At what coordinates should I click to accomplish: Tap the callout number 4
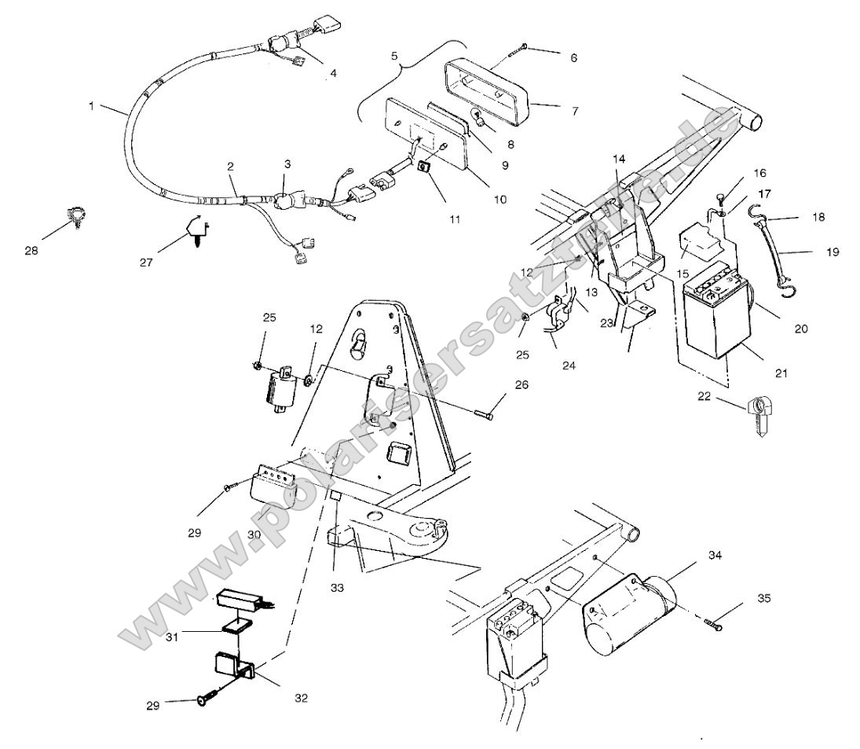pyautogui.click(x=333, y=73)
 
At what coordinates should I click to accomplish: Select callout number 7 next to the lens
pyautogui.click(x=574, y=111)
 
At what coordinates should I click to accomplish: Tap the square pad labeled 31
pyautogui.click(x=236, y=626)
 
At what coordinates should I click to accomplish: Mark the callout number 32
pyautogui.click(x=302, y=697)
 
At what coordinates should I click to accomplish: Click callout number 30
pyautogui.click(x=254, y=534)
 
